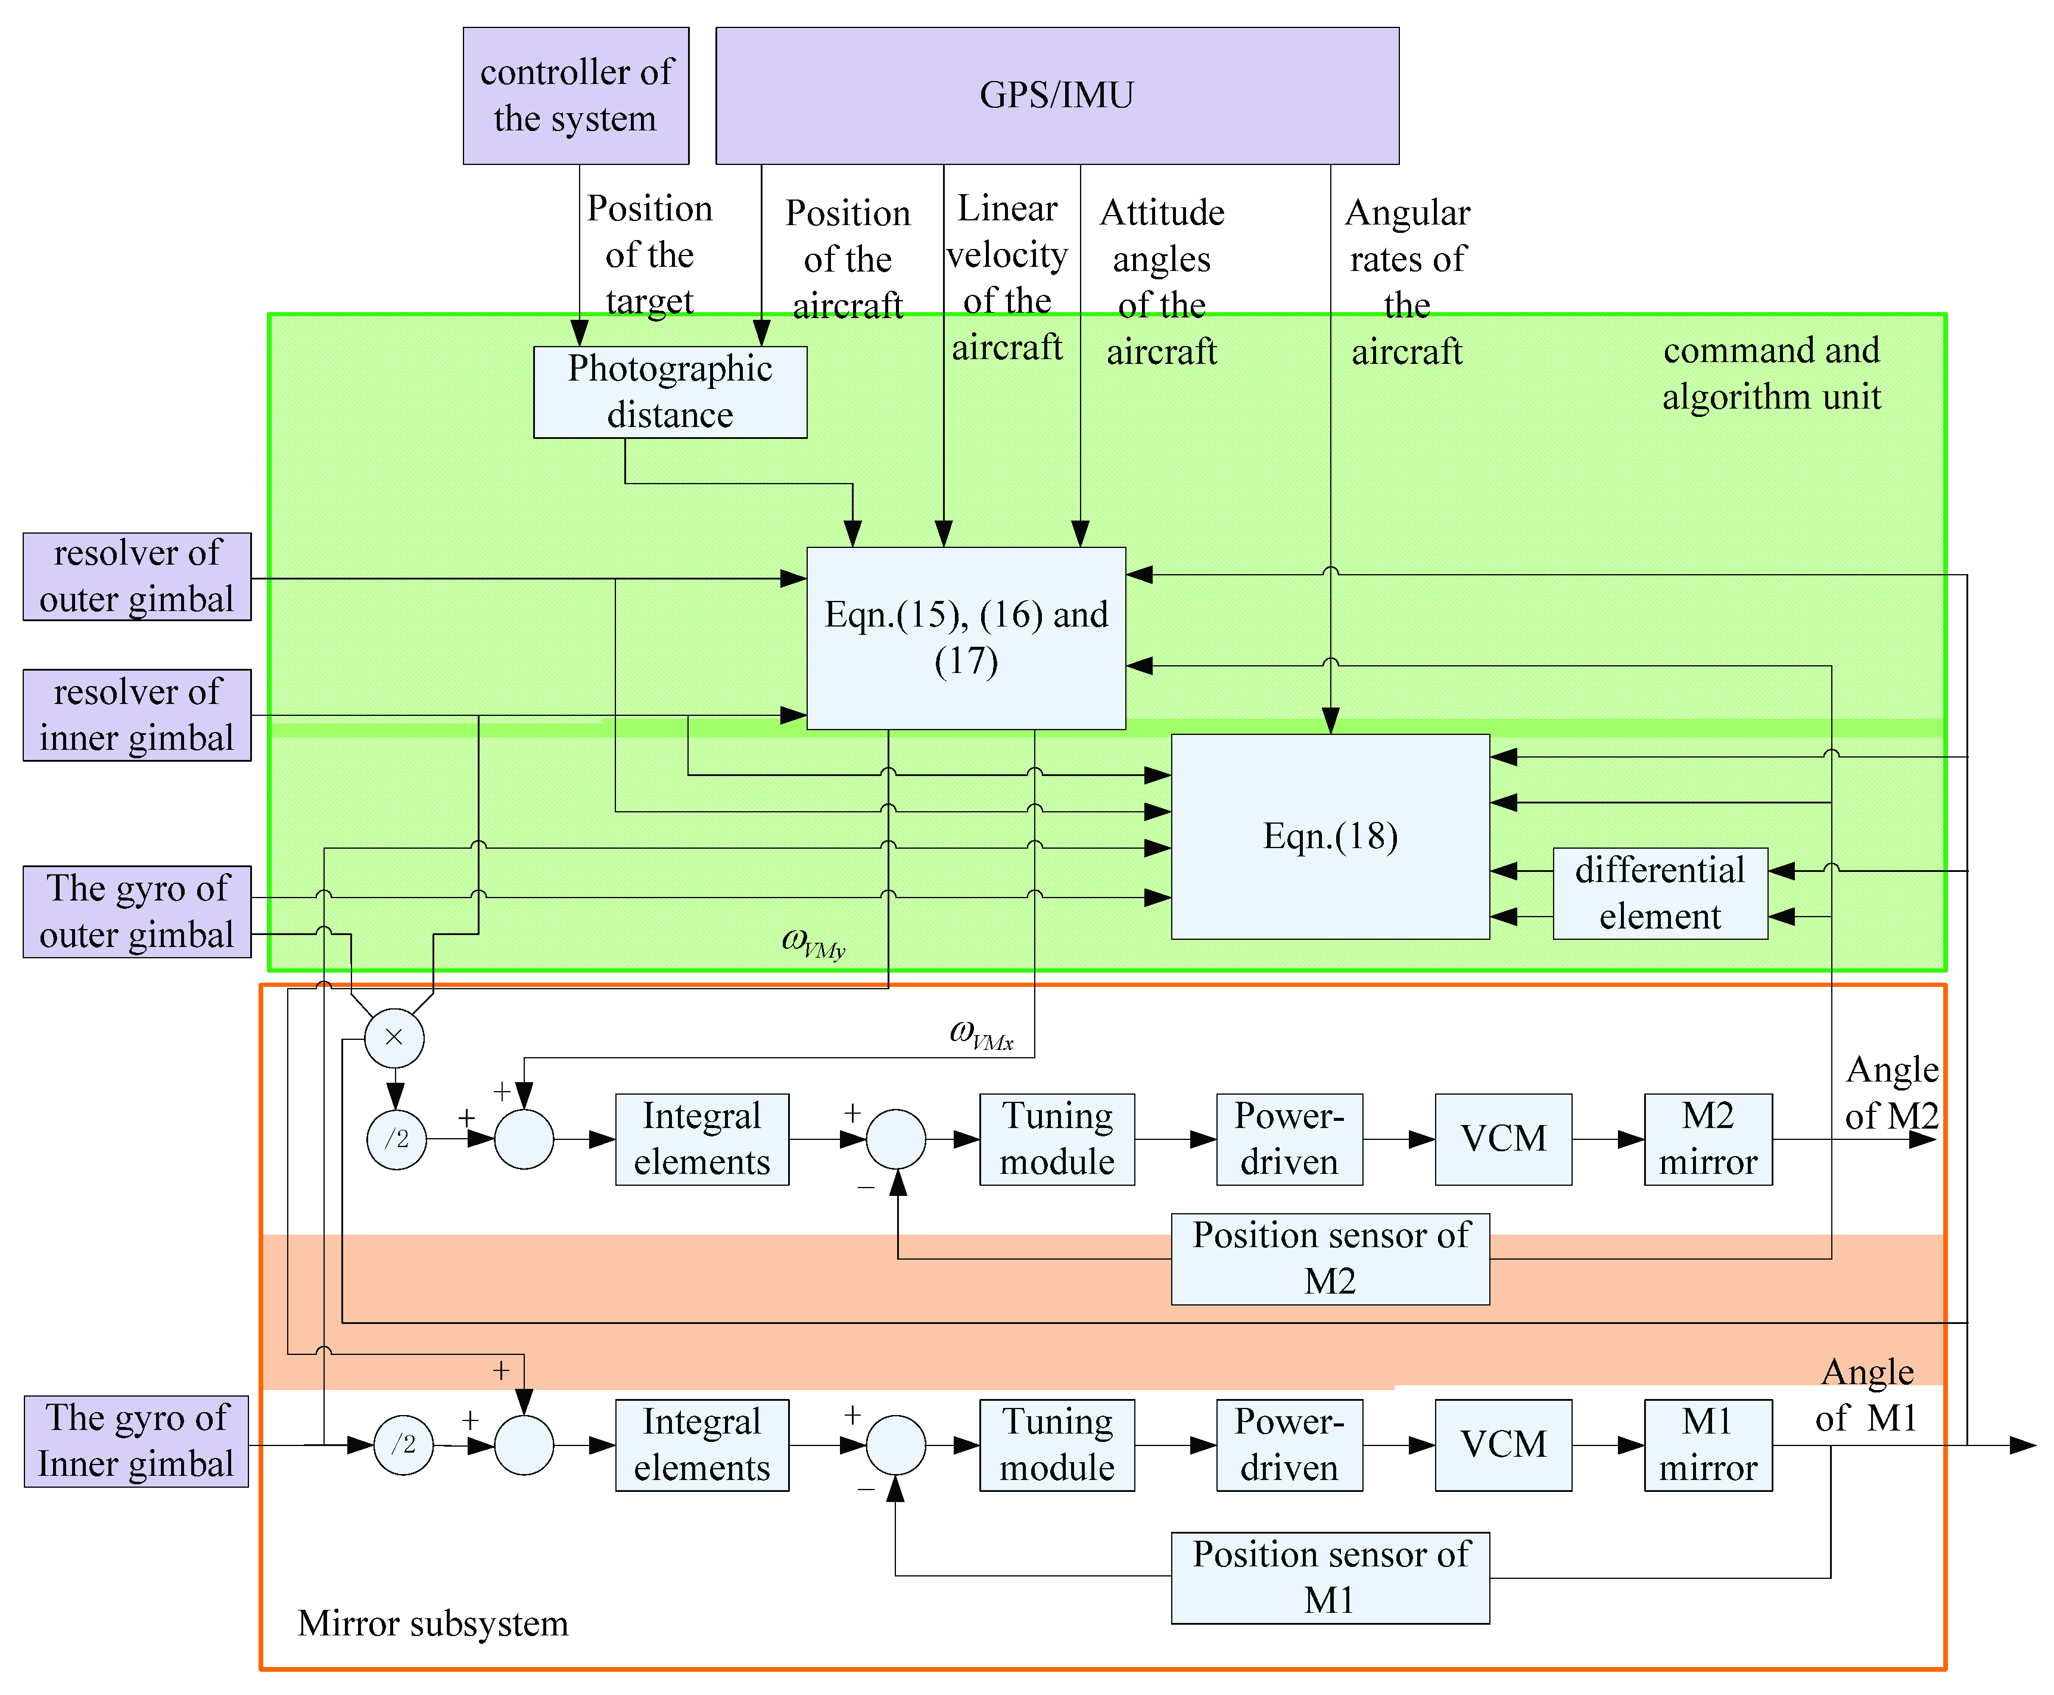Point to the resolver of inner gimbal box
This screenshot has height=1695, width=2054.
(137, 715)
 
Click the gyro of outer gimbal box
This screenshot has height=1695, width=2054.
(137, 912)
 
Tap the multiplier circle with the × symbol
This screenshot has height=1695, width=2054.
(394, 1037)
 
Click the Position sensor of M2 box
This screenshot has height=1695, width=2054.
(1330, 1258)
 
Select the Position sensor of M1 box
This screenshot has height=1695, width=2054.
(1330, 1578)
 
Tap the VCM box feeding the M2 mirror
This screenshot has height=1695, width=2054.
(1503, 1139)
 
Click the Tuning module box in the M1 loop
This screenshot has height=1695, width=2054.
(1057, 1445)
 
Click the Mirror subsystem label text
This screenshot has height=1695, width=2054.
(432, 1624)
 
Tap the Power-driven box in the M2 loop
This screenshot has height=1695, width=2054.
(1289, 1139)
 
